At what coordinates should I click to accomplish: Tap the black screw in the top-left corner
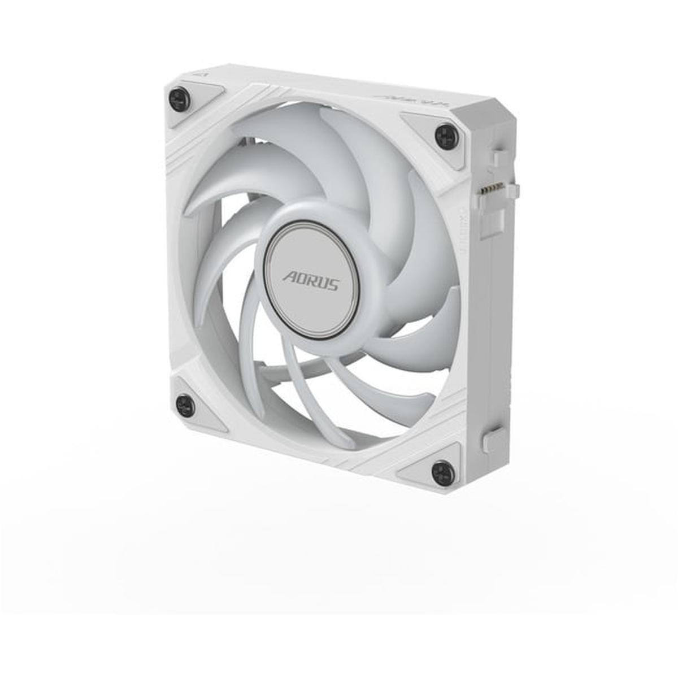[179, 99]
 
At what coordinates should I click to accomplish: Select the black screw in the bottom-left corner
[185, 405]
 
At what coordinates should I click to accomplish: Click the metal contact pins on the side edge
[490, 189]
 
